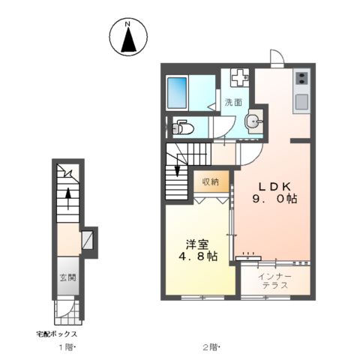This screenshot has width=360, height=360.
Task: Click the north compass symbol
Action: click(128, 37)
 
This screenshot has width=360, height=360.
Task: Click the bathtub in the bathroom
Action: click(178, 93)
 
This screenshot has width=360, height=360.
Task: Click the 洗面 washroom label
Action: click(232, 102)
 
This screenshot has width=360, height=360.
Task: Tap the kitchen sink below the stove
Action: click(301, 101)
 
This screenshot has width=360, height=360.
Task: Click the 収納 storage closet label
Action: click(210, 181)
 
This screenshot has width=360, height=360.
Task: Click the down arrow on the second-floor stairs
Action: click(177, 169)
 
